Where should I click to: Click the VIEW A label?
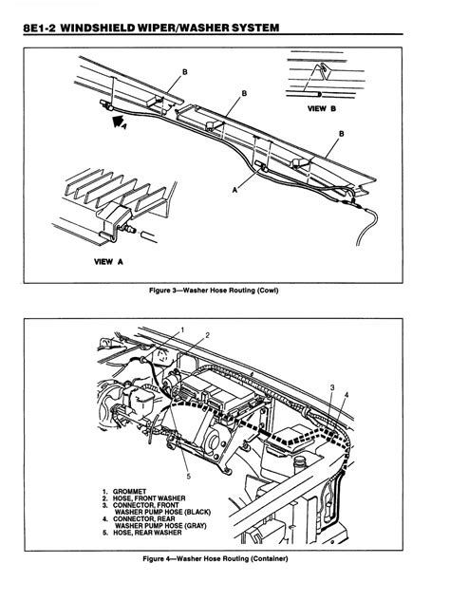(x=108, y=262)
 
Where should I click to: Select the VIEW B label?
(x=322, y=108)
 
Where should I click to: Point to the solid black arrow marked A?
(x=118, y=122)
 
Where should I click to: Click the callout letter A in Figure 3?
(x=234, y=189)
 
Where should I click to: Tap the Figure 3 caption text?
(x=214, y=291)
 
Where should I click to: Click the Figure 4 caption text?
(x=216, y=558)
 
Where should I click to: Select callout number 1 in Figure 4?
(x=182, y=330)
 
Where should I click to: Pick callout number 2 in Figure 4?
(x=207, y=335)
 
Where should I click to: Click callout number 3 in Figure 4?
(x=332, y=387)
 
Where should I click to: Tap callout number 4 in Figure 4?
(x=347, y=394)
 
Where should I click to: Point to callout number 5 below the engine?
(x=188, y=477)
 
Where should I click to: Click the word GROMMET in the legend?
(x=129, y=492)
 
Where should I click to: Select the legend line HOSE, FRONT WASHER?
(x=149, y=498)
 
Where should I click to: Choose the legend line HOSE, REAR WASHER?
(x=147, y=533)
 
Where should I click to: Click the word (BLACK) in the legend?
(x=197, y=512)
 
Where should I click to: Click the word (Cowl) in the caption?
(x=268, y=291)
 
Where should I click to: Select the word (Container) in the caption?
(x=269, y=558)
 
